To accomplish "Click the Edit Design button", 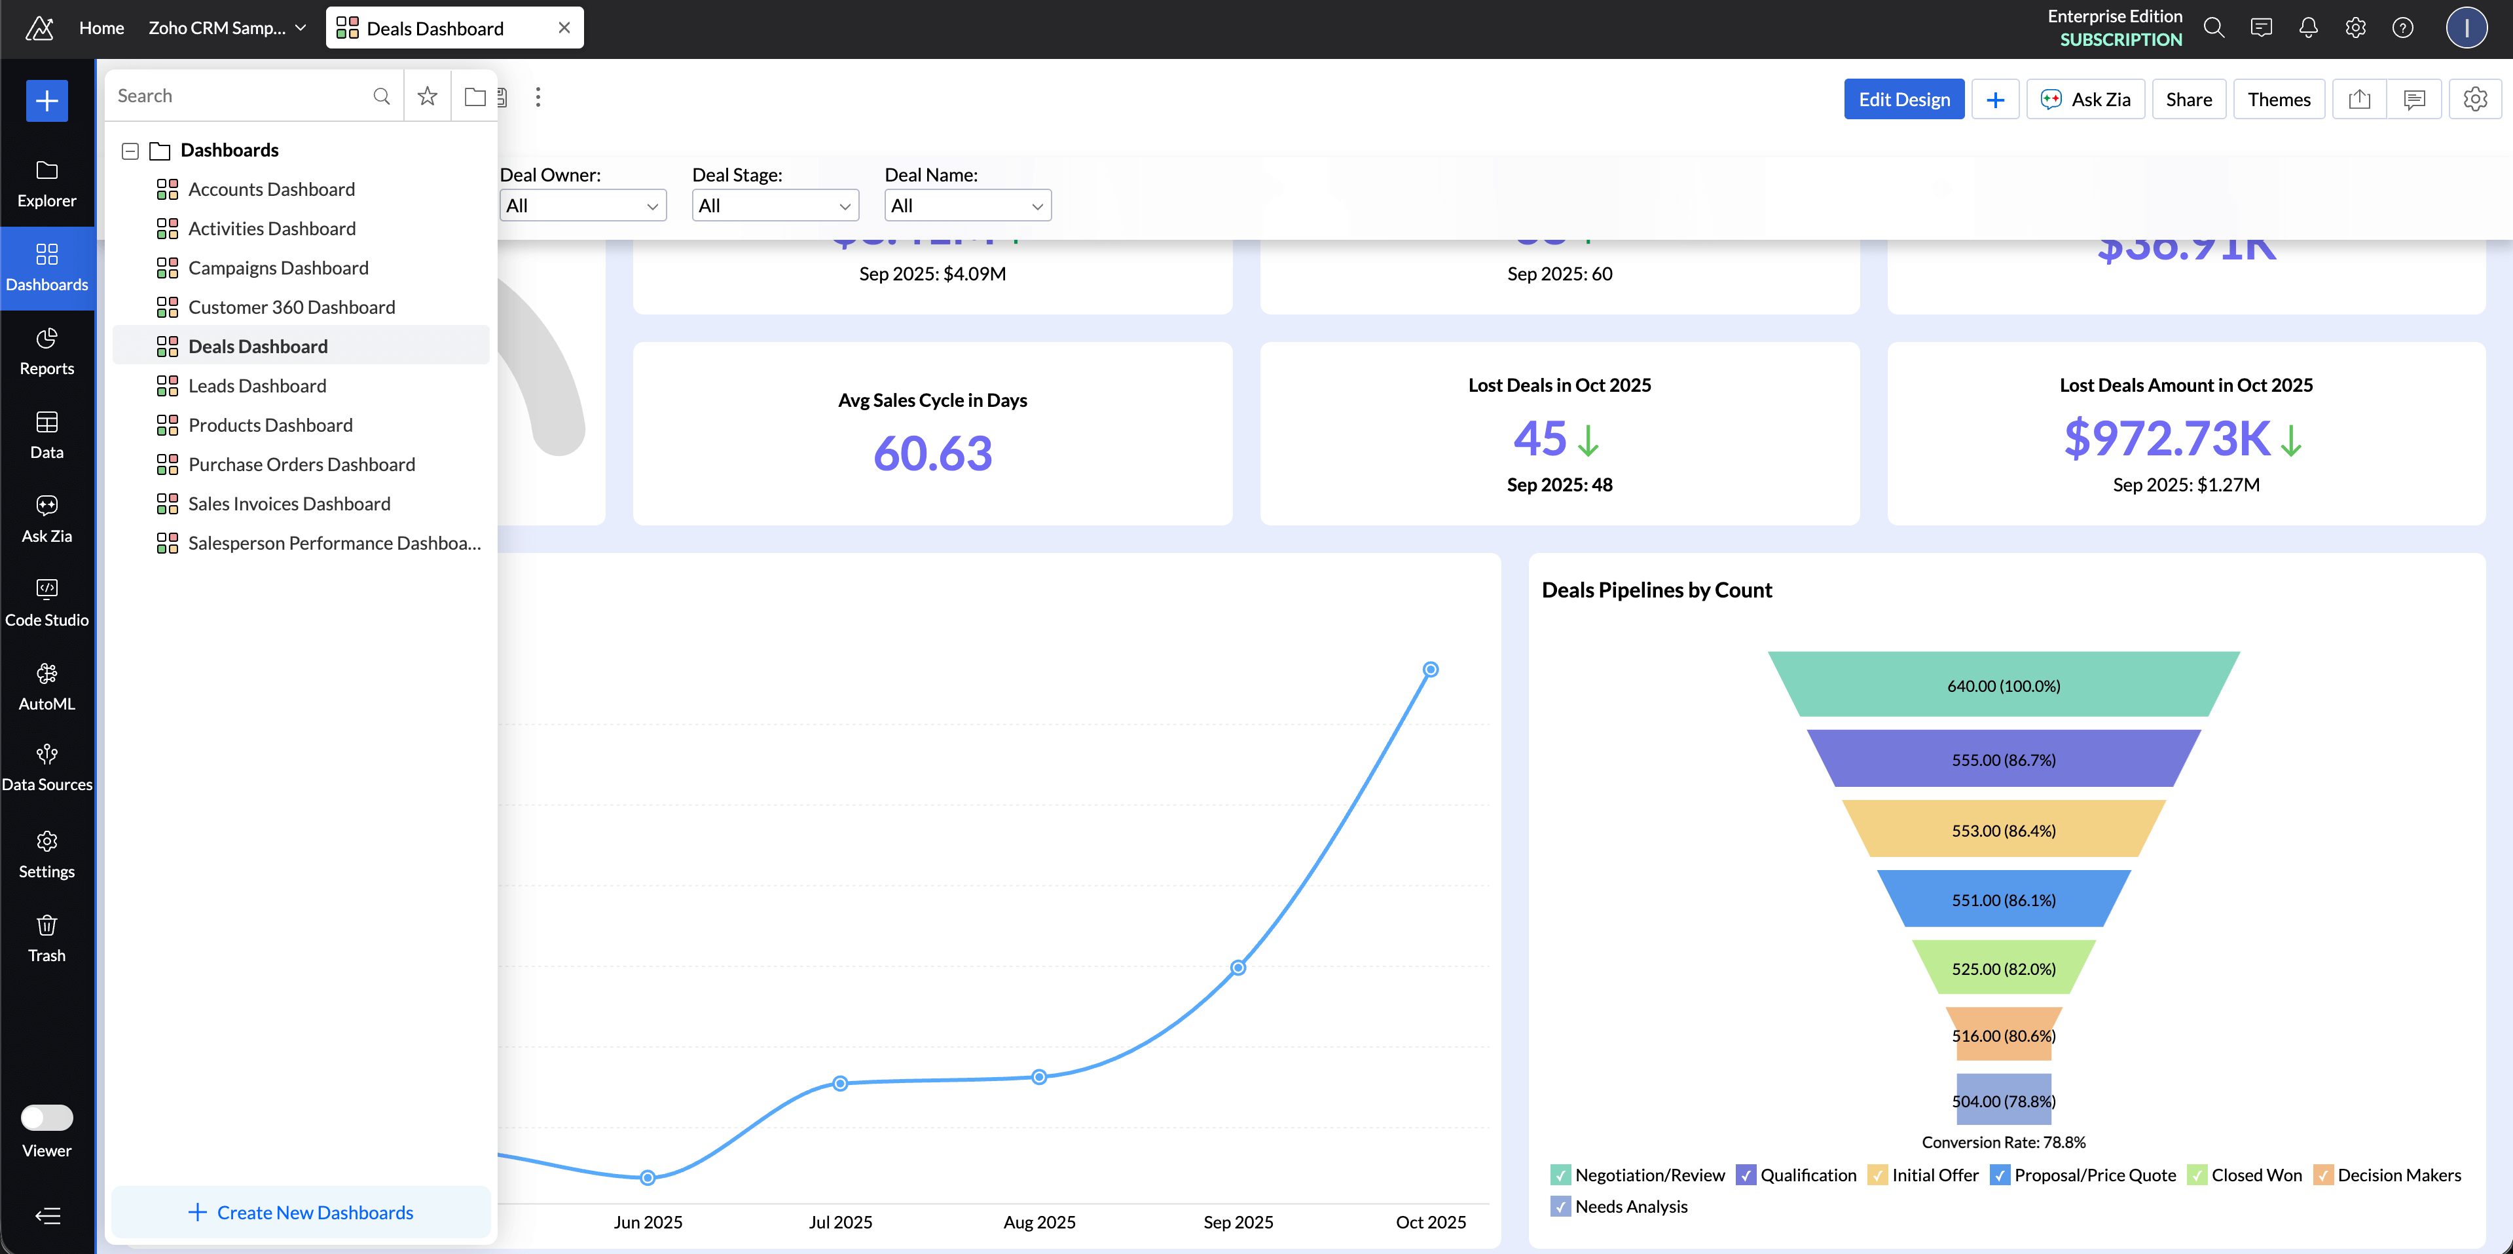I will pyautogui.click(x=1903, y=100).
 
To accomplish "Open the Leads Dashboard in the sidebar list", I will pyautogui.click(x=257, y=385).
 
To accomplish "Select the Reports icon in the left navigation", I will pyautogui.click(x=47, y=351).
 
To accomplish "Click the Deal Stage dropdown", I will pyautogui.click(x=775, y=206).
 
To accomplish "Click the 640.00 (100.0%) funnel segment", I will pyautogui.click(x=2003, y=685).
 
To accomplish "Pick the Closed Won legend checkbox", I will pyautogui.click(x=2196, y=1175).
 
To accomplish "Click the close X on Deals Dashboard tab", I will pyautogui.click(x=564, y=28).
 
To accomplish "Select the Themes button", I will pyautogui.click(x=2278, y=100).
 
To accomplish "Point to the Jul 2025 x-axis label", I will pyautogui.click(x=840, y=1222).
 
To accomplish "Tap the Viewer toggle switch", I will pyautogui.click(x=47, y=1117).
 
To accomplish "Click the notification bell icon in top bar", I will pyautogui.click(x=2307, y=28).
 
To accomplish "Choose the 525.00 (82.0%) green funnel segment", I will pyautogui.click(x=2003, y=968).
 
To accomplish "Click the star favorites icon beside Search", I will pyautogui.click(x=428, y=96).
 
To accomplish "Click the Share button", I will pyautogui.click(x=2188, y=100).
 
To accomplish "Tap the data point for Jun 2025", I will pyautogui.click(x=648, y=1178).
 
